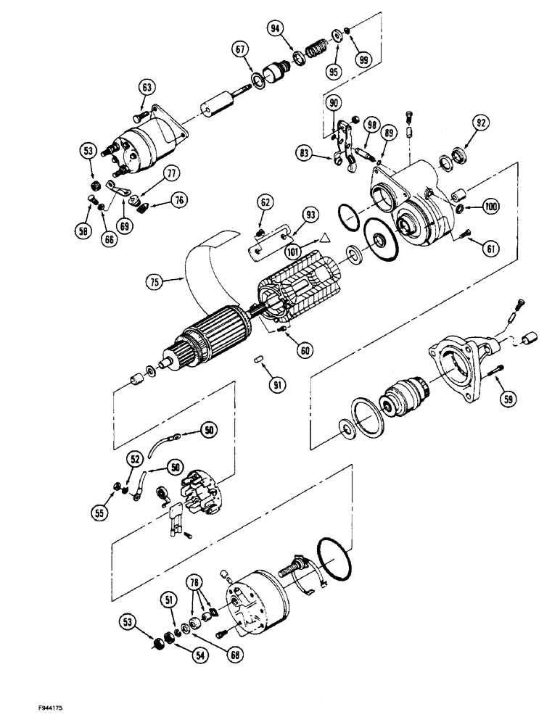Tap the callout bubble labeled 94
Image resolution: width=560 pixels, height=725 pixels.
(x=276, y=28)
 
